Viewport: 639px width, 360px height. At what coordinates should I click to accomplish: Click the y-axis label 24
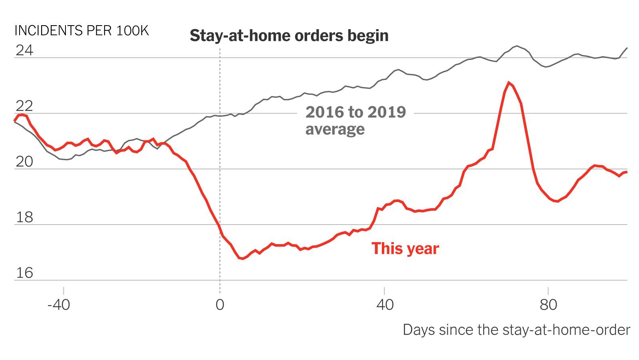pyautogui.click(x=24, y=50)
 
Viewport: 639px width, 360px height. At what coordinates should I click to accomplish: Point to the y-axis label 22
pyautogui.click(x=24, y=106)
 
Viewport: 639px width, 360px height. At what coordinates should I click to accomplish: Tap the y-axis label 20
pyautogui.click(x=24, y=162)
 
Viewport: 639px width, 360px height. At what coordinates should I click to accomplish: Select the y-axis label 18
pyautogui.click(x=24, y=217)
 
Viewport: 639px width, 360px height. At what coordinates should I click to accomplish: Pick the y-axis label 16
pyautogui.click(x=24, y=273)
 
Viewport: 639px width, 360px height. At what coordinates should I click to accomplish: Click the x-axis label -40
pyautogui.click(x=59, y=305)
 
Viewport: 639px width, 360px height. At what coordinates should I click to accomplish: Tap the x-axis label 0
pyautogui.click(x=220, y=305)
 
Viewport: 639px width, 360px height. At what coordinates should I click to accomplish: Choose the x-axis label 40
pyautogui.click(x=385, y=305)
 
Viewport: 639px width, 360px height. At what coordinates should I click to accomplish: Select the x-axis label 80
pyautogui.click(x=548, y=305)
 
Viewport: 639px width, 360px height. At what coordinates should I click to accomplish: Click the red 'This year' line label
pyautogui.click(x=405, y=249)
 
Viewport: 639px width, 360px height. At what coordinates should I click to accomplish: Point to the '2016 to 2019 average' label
pyautogui.click(x=355, y=120)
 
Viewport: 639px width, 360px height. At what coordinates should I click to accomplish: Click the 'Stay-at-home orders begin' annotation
pyautogui.click(x=289, y=36)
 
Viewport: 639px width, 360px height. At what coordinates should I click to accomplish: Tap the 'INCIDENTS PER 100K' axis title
pyautogui.click(x=81, y=31)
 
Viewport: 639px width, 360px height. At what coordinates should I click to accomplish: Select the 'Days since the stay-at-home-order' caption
pyautogui.click(x=516, y=330)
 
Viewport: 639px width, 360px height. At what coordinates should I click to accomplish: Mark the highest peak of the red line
pyautogui.click(x=508, y=83)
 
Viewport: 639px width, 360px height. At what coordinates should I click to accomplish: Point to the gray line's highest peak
pyautogui.click(x=517, y=46)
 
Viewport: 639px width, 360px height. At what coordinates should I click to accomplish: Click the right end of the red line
pyautogui.click(x=627, y=172)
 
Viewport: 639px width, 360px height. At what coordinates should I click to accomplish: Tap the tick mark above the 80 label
pyautogui.click(x=548, y=290)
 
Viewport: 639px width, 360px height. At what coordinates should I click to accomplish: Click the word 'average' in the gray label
pyautogui.click(x=335, y=129)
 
